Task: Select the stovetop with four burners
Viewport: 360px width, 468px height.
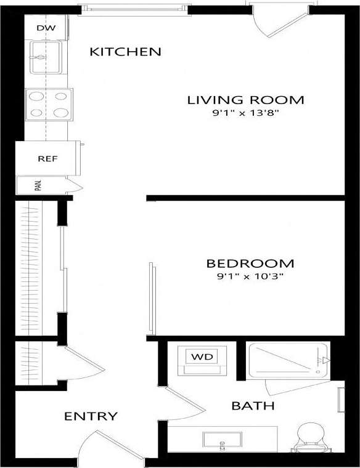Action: point(49,104)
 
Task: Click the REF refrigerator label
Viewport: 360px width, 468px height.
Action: point(47,158)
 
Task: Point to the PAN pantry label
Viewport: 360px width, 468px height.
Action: point(38,185)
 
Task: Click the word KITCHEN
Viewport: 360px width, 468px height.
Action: point(125,52)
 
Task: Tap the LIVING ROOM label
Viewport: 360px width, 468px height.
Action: point(245,100)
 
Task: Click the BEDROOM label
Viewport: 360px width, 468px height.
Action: point(250,264)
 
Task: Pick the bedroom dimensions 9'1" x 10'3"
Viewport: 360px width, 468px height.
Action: point(250,276)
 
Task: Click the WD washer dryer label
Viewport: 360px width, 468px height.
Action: point(200,357)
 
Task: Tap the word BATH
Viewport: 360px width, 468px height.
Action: point(253,406)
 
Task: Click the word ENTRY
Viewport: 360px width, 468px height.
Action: point(91,417)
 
